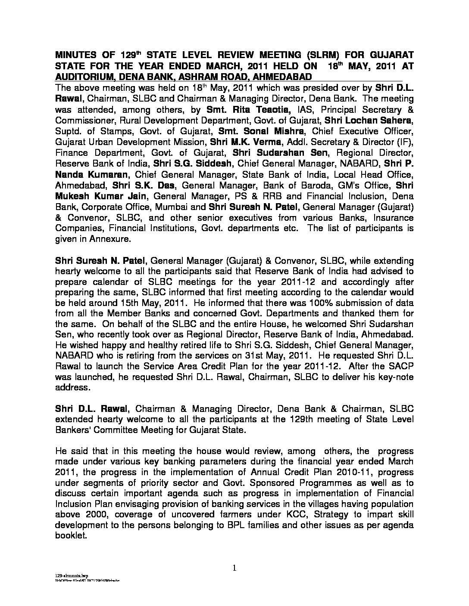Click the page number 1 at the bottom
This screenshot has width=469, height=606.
pyautogui.click(x=234, y=568)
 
